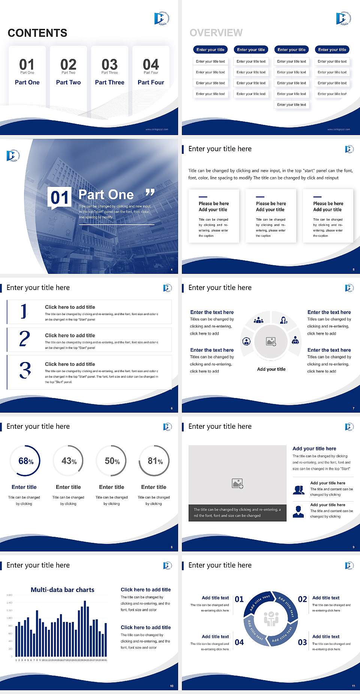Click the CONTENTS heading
coord(37,33)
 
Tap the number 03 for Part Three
coord(109,65)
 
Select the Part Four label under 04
coord(151,82)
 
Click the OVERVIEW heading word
coord(216,33)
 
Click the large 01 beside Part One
coord(60,197)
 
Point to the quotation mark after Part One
coord(150,192)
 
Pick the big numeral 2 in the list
coord(24,339)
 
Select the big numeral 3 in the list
coord(25,370)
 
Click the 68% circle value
coord(26,461)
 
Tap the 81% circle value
coord(155,461)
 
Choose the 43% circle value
coord(69,461)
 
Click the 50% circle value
coord(112,461)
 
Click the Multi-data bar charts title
coord(63,590)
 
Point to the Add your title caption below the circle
coord(271,369)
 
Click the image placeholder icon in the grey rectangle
coord(238,483)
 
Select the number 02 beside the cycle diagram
coord(302,599)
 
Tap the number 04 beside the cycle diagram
coord(239,642)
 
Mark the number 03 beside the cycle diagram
coord(302,642)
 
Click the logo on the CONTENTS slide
coord(162,18)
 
